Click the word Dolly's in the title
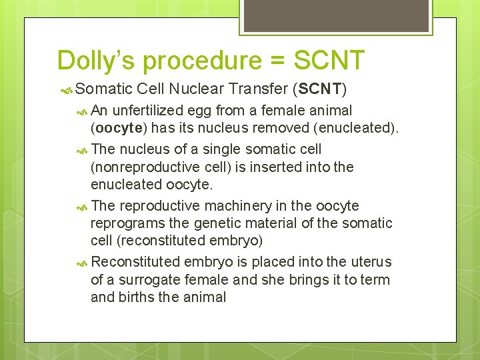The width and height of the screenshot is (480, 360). [x=97, y=60]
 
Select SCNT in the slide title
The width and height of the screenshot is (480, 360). [x=329, y=60]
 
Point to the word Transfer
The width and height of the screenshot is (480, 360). [x=256, y=88]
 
